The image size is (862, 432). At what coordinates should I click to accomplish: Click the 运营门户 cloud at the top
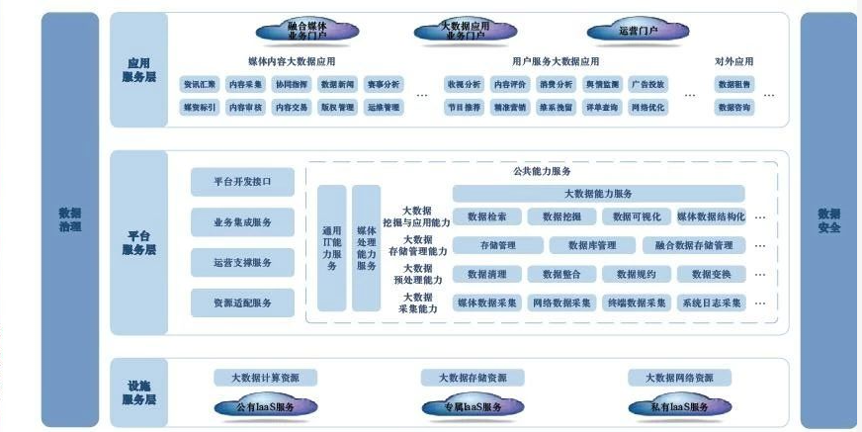pos(638,31)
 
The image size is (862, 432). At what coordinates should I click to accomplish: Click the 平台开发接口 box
pos(242,182)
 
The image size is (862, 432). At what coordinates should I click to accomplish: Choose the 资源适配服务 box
pos(242,302)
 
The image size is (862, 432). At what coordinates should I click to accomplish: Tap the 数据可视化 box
pos(636,216)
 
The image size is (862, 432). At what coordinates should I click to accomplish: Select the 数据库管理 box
pos(593,245)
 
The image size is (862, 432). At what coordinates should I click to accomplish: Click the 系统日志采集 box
pos(711,302)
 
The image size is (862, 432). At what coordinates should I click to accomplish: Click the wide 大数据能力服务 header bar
pos(598,193)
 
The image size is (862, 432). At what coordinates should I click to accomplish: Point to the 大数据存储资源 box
pos(465,378)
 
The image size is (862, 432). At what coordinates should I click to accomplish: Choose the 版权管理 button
pos(337,107)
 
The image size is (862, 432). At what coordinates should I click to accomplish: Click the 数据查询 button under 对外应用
pos(734,107)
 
